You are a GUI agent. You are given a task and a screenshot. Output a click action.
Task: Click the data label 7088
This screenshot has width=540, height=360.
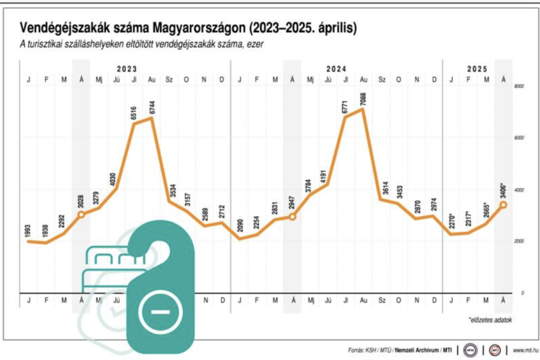pyautogui.click(x=364, y=98)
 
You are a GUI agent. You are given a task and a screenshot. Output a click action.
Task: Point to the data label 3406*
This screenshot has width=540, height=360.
pyautogui.click(x=502, y=193)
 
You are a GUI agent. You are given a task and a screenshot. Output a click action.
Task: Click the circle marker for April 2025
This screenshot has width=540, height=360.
pyautogui.click(x=503, y=204)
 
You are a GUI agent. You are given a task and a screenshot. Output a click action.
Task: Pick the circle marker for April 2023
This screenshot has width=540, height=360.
pyautogui.click(x=81, y=215)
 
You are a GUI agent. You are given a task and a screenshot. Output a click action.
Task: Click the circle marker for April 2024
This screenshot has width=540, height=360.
pyautogui.click(x=292, y=217)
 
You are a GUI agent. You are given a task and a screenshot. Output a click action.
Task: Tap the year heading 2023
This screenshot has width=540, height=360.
pyautogui.click(x=126, y=68)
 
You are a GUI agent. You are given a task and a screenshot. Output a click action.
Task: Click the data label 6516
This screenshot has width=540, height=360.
pyautogui.click(x=133, y=112)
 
